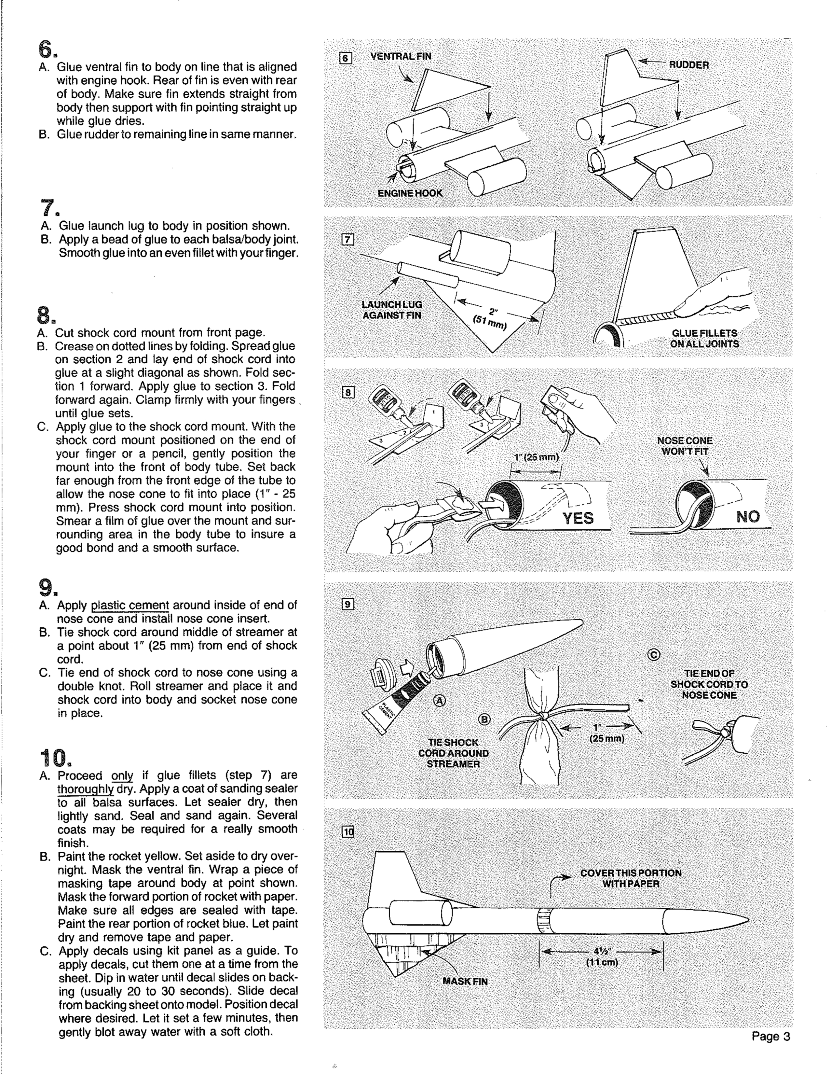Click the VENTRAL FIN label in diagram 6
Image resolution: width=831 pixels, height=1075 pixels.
pos(401,56)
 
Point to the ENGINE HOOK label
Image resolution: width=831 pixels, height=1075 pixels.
pos(410,193)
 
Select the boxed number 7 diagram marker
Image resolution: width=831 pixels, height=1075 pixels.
pos(348,240)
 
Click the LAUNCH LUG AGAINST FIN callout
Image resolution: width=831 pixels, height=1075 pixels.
pos(392,310)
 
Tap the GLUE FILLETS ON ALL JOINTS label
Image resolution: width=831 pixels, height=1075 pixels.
pos(704,339)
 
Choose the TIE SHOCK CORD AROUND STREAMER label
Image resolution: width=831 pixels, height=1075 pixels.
pos(453,753)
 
